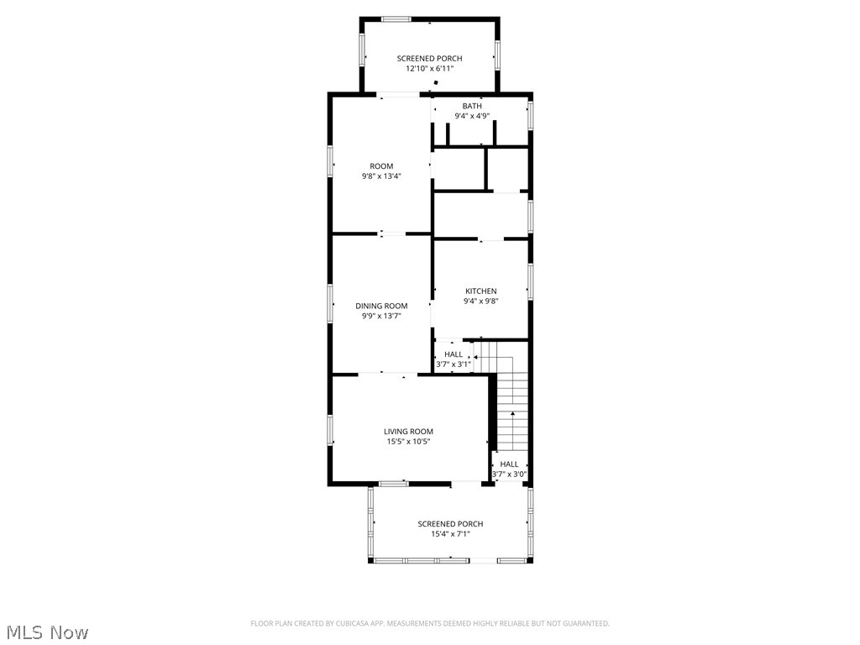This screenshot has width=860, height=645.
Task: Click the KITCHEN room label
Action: [x=480, y=291]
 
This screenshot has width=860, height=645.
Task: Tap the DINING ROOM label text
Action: [x=381, y=306]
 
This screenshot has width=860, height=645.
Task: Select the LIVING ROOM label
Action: [x=408, y=432]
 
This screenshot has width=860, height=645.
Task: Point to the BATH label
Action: [x=472, y=106]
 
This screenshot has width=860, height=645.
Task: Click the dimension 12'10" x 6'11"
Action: [x=429, y=69]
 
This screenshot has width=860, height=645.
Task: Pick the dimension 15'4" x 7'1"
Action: [x=450, y=534]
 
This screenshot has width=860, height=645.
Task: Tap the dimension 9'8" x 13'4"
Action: [x=381, y=176]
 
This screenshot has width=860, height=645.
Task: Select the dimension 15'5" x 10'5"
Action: [x=408, y=442]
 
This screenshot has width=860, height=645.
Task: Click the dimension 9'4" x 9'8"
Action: [x=480, y=302]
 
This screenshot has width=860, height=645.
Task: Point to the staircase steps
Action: [x=512, y=412]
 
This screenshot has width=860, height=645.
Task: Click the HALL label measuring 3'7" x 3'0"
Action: [x=509, y=464]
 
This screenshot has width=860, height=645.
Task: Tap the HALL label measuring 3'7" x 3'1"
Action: [x=454, y=354]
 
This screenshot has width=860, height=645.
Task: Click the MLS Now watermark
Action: [x=47, y=632]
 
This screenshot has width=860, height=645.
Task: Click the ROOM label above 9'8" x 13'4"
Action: [x=381, y=166]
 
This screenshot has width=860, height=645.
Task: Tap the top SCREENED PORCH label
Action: [x=429, y=59]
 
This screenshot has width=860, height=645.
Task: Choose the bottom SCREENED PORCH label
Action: [x=450, y=524]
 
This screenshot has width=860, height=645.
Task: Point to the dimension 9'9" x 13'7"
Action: [x=381, y=317]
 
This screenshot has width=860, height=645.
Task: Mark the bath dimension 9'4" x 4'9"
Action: [x=472, y=116]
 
